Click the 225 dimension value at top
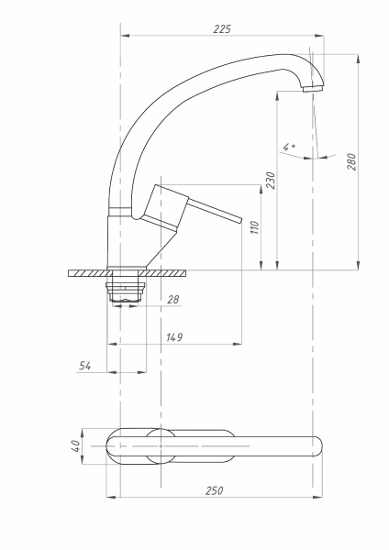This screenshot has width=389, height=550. point(222,28)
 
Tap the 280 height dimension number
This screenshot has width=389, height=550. point(351,161)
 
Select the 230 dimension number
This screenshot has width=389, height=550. point(271,181)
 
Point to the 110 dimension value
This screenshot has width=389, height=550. point(255,227)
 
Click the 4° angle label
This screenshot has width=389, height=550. point(289,147)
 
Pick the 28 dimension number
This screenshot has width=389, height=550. point(173,300)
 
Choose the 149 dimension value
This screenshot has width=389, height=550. point(174,337)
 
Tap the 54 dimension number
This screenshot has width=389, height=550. point(84,366)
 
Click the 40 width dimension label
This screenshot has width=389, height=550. point(76,446)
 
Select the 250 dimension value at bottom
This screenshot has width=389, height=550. point(214,490)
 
